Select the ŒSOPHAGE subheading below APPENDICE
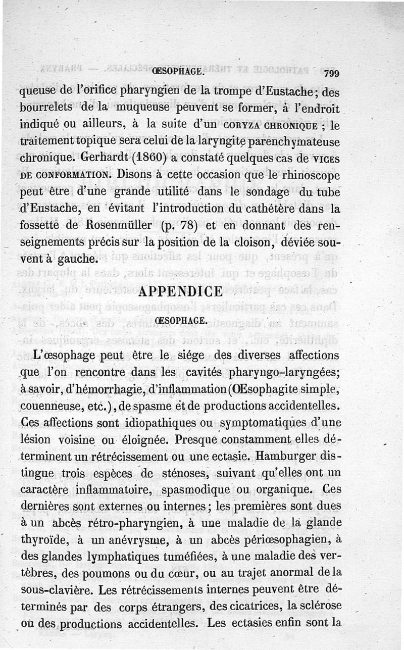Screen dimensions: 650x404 point(180,321)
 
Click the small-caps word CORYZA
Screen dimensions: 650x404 point(244,124)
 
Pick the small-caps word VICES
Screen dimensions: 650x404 point(322,158)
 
